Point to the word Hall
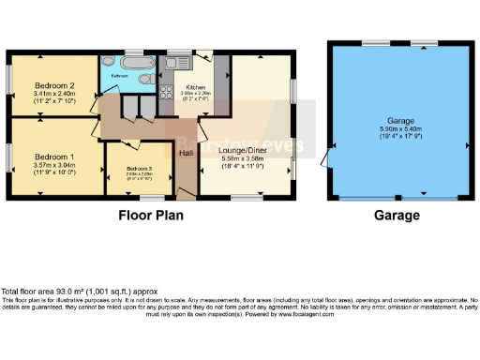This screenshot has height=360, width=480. pos(187,152)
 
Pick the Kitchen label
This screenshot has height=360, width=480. pos(196,87)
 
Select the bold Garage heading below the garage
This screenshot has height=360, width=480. pos(397,215)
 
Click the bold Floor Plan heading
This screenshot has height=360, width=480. pos(150,215)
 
